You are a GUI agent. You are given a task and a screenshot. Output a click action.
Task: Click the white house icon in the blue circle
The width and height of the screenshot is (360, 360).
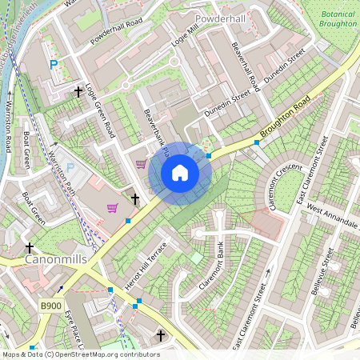click(x=180, y=172)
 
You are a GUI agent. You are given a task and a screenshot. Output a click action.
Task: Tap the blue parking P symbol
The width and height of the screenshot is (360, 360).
click(x=54, y=64)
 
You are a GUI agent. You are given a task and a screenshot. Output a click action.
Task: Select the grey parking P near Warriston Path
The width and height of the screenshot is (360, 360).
click(x=70, y=169)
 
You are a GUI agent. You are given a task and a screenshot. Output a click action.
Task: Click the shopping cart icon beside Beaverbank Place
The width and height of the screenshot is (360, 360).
click(x=142, y=165)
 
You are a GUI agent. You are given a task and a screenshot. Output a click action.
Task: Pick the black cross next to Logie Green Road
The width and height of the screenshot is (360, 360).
click(x=78, y=93)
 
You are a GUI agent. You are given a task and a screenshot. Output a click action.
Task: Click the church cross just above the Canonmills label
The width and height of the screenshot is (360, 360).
click(x=30, y=248)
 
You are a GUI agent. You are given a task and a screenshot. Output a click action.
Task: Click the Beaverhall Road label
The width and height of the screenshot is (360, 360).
click(x=242, y=66)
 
